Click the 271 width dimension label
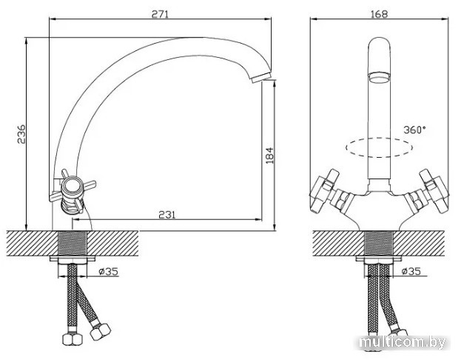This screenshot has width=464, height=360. (x=160, y=14)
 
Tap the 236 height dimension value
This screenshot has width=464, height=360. (x=21, y=135)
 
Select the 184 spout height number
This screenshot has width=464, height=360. (x=269, y=156)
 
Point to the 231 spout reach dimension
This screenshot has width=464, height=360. (x=167, y=215)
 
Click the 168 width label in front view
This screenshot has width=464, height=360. (x=379, y=14)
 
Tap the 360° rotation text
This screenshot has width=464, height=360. (x=414, y=130)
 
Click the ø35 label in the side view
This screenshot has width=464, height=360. (x=108, y=271)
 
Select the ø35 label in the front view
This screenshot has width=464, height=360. (x=411, y=271)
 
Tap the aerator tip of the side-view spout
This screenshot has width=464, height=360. (x=261, y=77)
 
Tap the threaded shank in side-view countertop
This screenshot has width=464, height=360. (x=73, y=243)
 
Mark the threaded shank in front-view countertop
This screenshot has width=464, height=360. (x=380, y=243)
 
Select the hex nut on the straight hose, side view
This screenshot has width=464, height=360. (x=73, y=339)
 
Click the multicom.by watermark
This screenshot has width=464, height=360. (x=403, y=343)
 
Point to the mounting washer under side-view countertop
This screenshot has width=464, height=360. (x=73, y=259)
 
